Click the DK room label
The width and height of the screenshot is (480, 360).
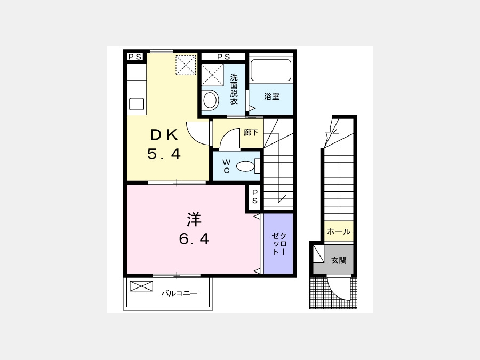click(164, 135)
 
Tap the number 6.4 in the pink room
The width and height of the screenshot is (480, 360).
click(194, 239)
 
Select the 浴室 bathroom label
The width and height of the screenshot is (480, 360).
click(272, 97)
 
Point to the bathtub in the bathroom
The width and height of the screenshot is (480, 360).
click(270, 70)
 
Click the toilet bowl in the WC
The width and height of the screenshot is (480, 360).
click(245, 166)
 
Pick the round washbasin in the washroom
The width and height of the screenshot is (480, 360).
click(210, 100)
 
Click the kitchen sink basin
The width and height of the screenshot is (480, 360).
click(137, 104)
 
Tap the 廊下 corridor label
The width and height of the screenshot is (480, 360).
click(251, 133)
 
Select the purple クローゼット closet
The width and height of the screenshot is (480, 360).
click(278, 244)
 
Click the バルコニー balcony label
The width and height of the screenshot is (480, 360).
click(180, 293)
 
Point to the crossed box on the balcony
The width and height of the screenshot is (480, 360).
click(141, 286)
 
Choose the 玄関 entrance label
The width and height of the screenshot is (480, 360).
click(339, 260)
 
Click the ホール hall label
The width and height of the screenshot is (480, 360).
click(339, 231)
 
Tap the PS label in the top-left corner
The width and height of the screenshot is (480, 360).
click(135, 57)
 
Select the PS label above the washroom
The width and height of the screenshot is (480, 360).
click(223, 57)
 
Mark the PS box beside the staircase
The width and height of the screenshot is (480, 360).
click(254, 196)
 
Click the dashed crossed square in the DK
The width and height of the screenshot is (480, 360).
click(186, 65)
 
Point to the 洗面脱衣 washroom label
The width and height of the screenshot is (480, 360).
click(234, 89)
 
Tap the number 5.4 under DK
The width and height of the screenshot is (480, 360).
click(164, 154)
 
